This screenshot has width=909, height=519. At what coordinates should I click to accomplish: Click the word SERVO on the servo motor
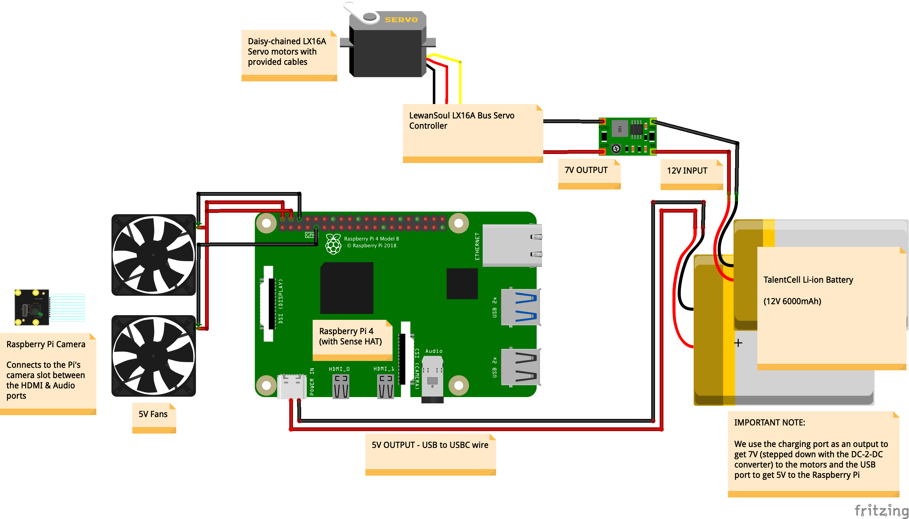(x=401, y=20)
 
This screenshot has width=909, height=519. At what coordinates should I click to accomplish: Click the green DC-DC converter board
(x=628, y=136)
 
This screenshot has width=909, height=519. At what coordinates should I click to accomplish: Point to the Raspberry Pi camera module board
(x=32, y=307)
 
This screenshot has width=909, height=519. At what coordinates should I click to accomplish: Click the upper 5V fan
(x=154, y=255)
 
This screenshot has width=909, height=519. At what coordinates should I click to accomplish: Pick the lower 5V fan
(x=154, y=356)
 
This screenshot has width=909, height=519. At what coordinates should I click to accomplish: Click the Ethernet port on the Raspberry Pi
(x=512, y=245)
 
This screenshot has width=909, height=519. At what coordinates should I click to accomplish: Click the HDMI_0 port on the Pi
(x=341, y=387)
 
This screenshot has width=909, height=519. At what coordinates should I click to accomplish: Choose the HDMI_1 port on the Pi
(x=385, y=387)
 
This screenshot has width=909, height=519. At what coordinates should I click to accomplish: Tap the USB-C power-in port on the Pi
(x=292, y=387)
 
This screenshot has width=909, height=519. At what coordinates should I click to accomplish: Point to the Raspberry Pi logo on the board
(x=333, y=244)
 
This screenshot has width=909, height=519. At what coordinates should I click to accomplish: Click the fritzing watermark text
(x=881, y=511)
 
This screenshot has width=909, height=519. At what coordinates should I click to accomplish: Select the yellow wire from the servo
(x=460, y=82)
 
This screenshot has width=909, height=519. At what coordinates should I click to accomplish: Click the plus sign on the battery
(x=738, y=343)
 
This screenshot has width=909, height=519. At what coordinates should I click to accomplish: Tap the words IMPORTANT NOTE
(x=769, y=423)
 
